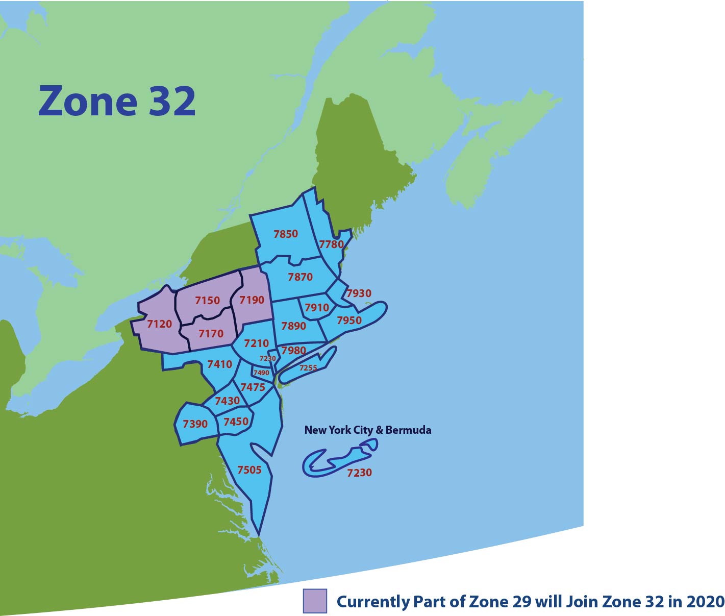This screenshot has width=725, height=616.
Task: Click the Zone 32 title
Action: [117, 101]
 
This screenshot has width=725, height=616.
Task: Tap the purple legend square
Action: [315, 601]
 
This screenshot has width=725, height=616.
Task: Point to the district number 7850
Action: [286, 234]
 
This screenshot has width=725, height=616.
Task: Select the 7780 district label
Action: [332, 244]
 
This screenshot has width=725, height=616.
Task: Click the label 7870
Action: [300, 277]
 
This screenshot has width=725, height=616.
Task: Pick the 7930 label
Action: [359, 293]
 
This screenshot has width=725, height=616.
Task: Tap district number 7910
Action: [317, 308]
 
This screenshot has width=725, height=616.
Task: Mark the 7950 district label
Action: [349, 321]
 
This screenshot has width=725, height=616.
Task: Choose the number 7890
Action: [293, 326]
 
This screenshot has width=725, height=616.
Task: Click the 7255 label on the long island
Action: [308, 367]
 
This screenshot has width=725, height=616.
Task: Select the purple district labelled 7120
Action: [159, 324]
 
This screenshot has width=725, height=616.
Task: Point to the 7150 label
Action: [207, 301]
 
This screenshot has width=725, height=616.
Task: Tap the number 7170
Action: [211, 334]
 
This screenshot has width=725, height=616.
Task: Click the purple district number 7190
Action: [252, 300]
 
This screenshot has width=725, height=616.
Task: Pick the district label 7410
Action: [219, 364]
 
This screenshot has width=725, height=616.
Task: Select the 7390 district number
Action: [195, 424]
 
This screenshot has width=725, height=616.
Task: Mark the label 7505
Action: [249, 470]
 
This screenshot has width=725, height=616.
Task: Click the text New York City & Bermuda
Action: [367, 430]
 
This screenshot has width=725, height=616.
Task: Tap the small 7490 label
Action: [261, 373]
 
